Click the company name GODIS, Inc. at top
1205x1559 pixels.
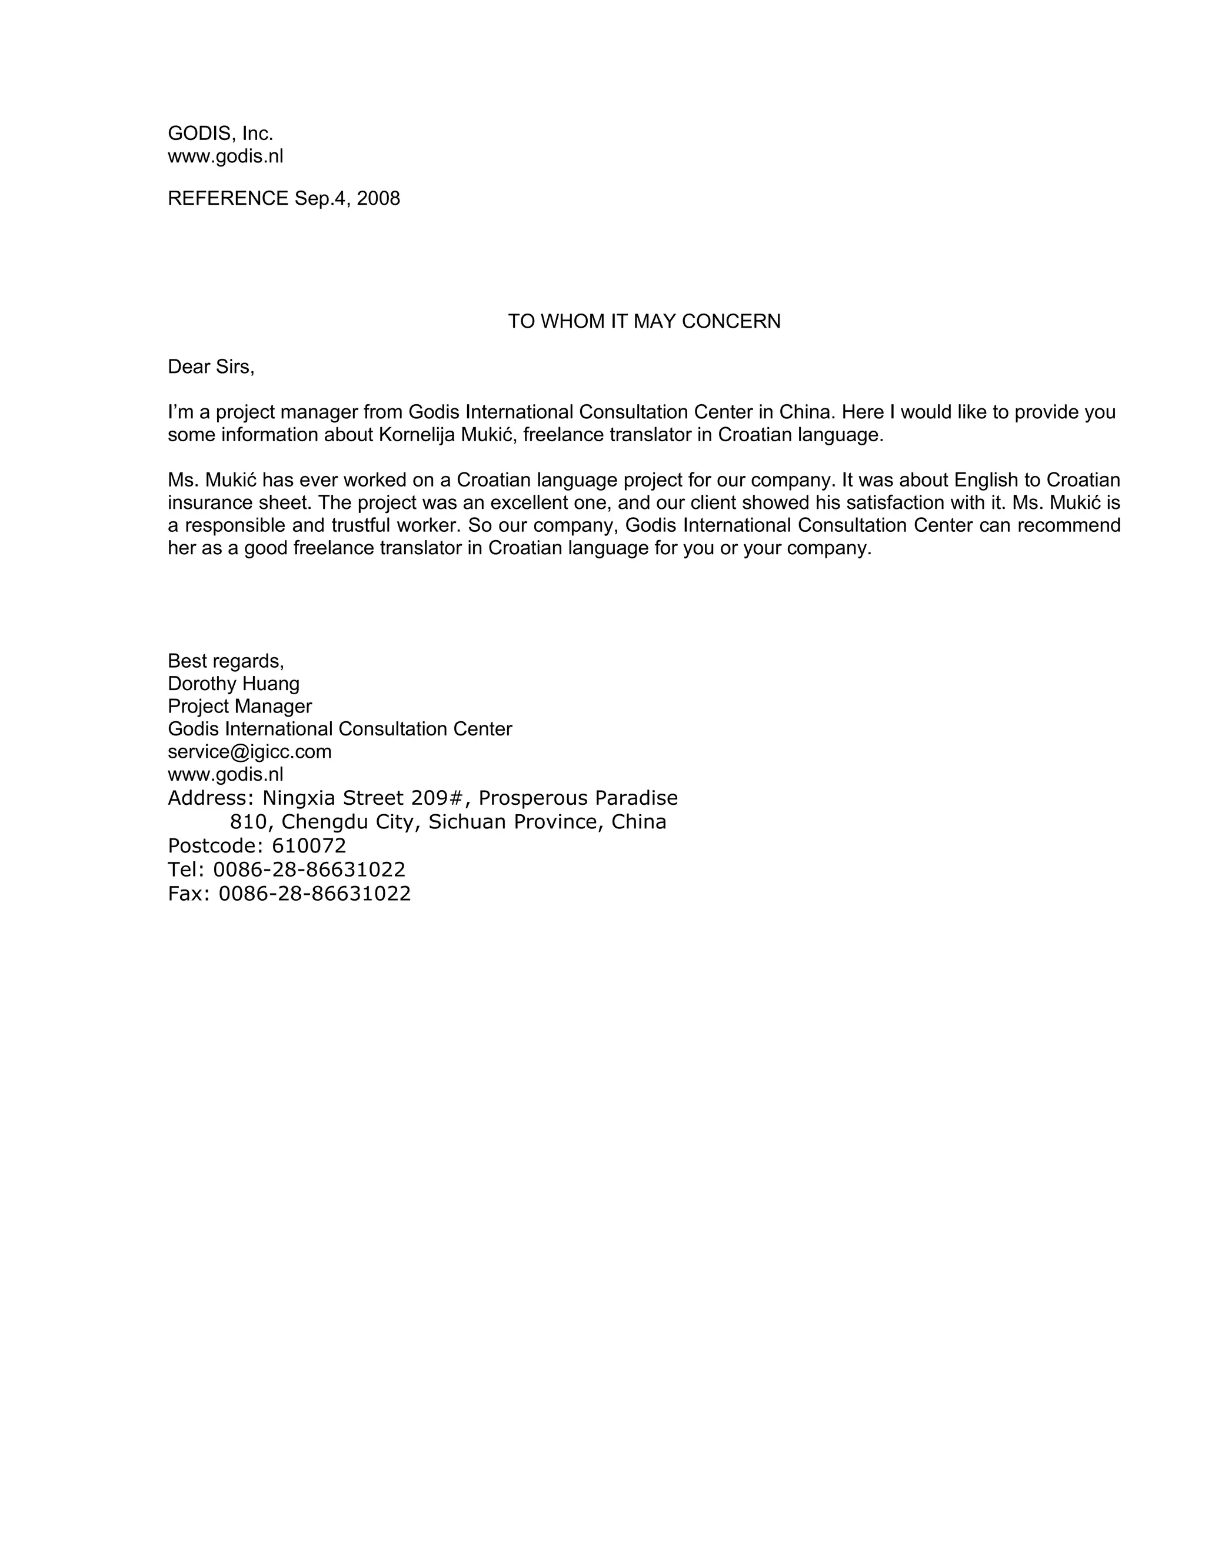(x=221, y=134)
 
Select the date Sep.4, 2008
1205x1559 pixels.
(x=348, y=198)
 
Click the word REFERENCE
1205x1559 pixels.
(x=228, y=198)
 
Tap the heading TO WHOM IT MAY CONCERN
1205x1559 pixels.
(x=644, y=321)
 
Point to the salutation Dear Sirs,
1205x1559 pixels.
(x=211, y=367)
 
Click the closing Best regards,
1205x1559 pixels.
(x=225, y=661)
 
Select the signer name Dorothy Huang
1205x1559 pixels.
(x=234, y=684)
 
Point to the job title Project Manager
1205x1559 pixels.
(x=240, y=707)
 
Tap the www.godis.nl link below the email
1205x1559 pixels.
(x=225, y=775)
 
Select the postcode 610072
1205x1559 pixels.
(x=309, y=846)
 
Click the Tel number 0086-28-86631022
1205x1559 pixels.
(x=309, y=870)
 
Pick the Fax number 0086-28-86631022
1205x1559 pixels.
(x=314, y=894)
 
